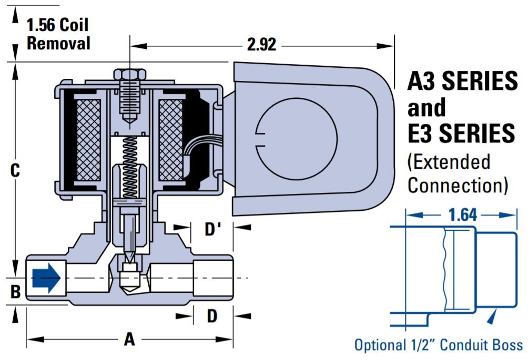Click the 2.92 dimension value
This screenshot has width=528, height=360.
pyautogui.click(x=261, y=45)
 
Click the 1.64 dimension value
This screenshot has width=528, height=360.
pyautogui.click(x=463, y=214)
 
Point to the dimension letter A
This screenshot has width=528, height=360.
pyautogui.click(x=129, y=340)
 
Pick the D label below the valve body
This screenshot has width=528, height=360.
pyautogui.click(x=212, y=316)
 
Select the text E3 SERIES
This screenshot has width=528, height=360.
pyautogui.click(x=461, y=133)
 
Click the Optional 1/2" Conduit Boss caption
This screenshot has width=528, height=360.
pyautogui.click(x=439, y=345)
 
